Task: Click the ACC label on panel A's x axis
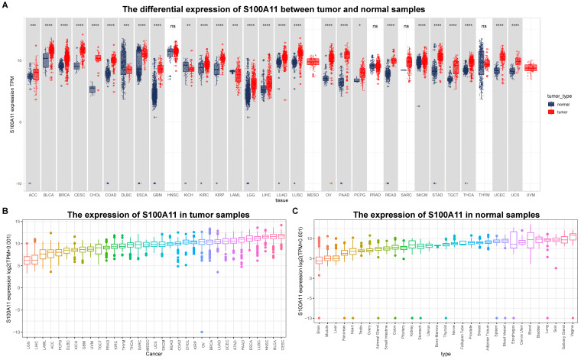[x=32, y=194]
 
